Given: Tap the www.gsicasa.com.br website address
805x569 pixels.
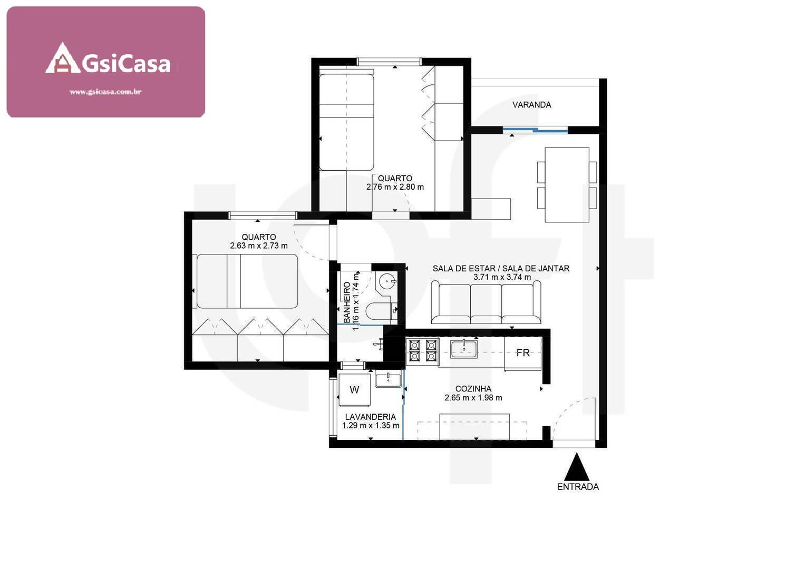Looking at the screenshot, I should point(105,92).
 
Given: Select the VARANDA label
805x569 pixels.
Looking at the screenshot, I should point(531,105).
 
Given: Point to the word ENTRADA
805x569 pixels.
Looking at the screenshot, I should point(578,487).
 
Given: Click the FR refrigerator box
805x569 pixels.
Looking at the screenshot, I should point(522,353).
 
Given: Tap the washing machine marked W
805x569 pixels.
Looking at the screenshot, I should point(354,390).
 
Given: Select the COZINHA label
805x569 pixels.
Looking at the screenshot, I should point(473,389).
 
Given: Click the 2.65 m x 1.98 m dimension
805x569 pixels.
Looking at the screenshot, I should point(473,398).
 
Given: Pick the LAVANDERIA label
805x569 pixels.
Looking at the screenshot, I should point(370,417).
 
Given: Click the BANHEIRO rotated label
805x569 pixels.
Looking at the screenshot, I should point(347,302).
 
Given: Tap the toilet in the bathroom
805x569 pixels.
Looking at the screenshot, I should point(378,312).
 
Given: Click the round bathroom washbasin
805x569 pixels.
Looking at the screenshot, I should point(387,281).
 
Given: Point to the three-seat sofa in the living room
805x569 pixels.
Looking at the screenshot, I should point(486,303).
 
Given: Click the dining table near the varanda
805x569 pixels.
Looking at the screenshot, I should point(567,184).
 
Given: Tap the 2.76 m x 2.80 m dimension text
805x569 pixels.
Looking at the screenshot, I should point(395,187).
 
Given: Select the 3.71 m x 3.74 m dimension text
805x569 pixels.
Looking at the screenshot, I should point(501,277).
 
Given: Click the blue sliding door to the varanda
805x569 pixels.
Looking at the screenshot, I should point(535,130).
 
